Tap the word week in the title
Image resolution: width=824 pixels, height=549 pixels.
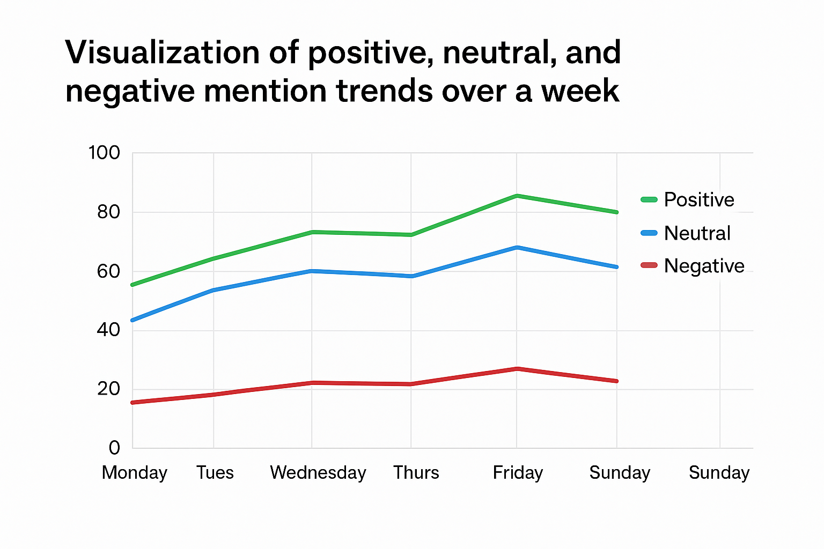580,91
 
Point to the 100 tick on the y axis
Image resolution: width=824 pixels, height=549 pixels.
104,153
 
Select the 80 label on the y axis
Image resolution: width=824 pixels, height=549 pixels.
108,212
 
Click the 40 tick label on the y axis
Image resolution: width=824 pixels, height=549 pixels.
108,329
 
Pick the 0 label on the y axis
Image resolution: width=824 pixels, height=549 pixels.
114,447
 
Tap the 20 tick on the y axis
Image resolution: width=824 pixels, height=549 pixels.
108,389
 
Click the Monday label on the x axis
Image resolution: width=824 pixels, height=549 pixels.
135,473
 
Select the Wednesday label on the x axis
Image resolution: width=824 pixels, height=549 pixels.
318,473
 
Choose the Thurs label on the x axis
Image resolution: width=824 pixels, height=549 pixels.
416,473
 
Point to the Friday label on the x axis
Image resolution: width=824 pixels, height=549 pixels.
518,473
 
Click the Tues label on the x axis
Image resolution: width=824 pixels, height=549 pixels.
215,473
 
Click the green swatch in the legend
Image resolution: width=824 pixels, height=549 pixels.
649,200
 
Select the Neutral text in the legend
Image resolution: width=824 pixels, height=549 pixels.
697,233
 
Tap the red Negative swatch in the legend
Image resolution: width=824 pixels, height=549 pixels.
649,265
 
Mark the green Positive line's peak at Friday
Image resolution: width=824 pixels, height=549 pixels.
517,196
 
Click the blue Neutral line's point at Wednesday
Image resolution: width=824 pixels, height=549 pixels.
312,271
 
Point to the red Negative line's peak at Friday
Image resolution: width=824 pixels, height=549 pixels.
517,369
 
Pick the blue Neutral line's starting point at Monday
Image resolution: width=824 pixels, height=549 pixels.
133,320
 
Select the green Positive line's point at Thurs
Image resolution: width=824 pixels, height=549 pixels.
411,235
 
